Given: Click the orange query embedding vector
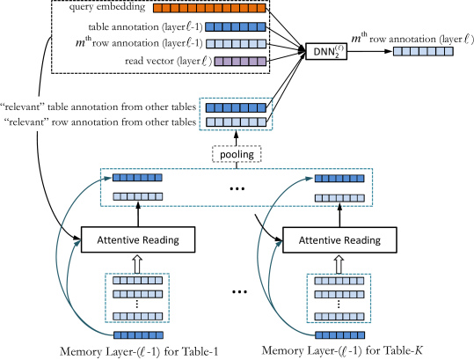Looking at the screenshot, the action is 209,8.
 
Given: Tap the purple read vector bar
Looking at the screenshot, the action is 240,62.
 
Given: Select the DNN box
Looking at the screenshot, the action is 326,51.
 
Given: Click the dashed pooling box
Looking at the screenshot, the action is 237,154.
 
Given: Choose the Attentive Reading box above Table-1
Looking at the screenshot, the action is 138,239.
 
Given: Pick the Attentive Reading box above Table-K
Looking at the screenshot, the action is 339,240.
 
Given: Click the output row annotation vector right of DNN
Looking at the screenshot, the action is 423,51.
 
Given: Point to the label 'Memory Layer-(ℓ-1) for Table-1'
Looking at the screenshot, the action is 139,351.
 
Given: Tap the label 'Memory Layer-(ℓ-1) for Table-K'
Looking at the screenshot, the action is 342,350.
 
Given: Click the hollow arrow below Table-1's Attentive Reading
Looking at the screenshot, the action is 137,264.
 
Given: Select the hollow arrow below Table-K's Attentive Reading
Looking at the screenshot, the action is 339,264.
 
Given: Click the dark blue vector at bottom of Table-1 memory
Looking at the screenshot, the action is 138,334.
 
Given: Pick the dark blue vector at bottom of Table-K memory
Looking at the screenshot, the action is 339,334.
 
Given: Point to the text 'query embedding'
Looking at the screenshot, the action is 107,7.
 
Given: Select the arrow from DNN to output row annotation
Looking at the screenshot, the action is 369,51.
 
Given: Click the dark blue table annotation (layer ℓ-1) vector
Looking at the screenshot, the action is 236,27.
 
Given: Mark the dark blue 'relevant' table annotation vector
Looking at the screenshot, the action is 236,107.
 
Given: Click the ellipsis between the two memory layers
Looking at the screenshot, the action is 239,291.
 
